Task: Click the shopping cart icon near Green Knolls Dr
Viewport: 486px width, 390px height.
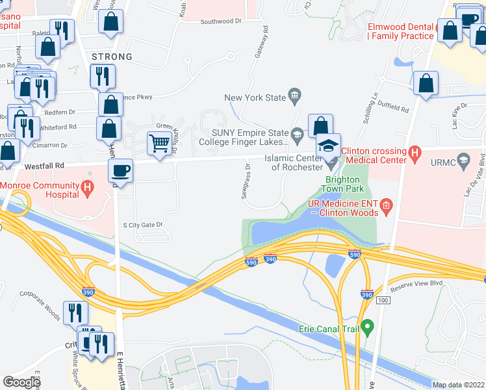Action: point(159,142)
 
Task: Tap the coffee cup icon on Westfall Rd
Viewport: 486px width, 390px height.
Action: point(120,172)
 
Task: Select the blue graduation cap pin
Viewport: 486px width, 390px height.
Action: point(329,145)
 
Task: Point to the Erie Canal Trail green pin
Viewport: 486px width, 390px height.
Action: point(368,326)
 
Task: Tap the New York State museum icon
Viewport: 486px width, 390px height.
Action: point(295,97)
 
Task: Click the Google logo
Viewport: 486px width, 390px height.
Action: point(21,382)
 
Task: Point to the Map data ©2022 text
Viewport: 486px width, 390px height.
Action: point(457,385)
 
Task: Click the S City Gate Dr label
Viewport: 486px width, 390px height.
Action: point(142,225)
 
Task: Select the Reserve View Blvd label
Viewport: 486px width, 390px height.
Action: point(415,283)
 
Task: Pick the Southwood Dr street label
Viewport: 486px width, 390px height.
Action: point(221,21)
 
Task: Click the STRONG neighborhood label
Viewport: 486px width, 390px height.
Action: point(112,57)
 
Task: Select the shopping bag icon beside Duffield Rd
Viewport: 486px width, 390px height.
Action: point(426,83)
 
